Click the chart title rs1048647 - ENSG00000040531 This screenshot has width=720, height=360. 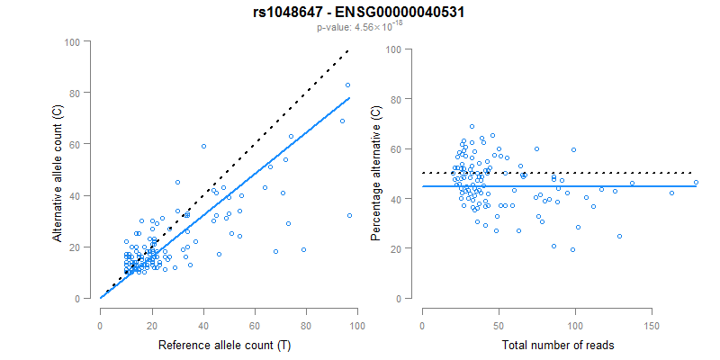359,13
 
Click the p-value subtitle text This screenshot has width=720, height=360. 359,28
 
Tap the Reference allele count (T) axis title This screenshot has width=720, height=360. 224,345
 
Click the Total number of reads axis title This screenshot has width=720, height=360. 558,345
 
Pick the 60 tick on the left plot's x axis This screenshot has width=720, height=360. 255,316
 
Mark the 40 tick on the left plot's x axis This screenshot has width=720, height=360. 203,316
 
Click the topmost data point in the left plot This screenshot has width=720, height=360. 347,85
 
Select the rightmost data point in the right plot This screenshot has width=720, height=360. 696,182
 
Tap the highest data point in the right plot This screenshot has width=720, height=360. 472,127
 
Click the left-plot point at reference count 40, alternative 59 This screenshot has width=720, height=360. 203,146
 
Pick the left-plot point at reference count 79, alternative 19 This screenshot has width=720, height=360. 303,249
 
